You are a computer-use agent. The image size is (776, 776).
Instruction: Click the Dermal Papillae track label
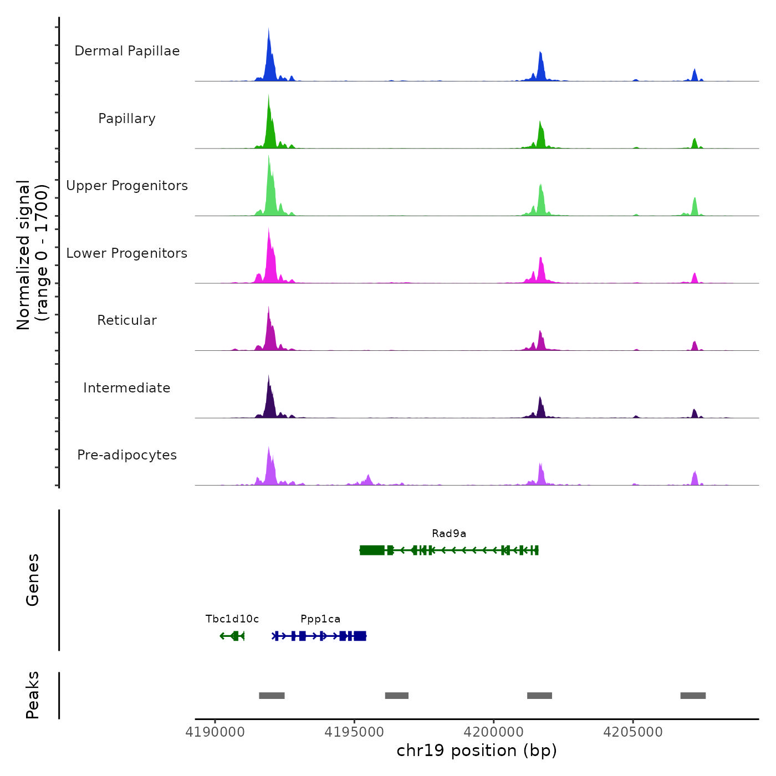[x=127, y=51]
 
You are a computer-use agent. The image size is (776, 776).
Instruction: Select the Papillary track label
[x=127, y=119]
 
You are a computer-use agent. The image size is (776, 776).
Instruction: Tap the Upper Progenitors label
[x=127, y=186]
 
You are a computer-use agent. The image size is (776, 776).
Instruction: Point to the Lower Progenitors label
[x=127, y=253]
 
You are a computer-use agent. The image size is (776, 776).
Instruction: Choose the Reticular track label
[x=127, y=320]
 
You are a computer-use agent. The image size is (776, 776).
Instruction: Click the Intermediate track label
[x=127, y=388]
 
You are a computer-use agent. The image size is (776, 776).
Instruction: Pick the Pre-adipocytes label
[x=127, y=455]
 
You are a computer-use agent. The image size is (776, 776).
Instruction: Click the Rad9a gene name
[x=449, y=534]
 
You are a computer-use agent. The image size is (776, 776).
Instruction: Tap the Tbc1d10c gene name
[x=232, y=619]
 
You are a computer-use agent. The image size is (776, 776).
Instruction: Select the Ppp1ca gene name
[x=320, y=619]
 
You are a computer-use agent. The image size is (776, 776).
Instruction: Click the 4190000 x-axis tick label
[x=216, y=732]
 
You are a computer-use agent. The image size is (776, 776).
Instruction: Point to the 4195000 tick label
[x=355, y=732]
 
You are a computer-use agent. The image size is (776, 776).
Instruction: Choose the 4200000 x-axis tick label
[x=494, y=732]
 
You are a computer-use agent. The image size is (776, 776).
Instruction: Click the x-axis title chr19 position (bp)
[x=477, y=751]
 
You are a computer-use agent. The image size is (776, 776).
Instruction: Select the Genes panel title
[x=33, y=580]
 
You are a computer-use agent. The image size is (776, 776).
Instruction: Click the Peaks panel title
[x=33, y=695]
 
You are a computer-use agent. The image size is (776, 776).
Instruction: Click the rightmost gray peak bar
[x=693, y=696]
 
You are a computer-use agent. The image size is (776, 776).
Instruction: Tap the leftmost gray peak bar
[x=272, y=696]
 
